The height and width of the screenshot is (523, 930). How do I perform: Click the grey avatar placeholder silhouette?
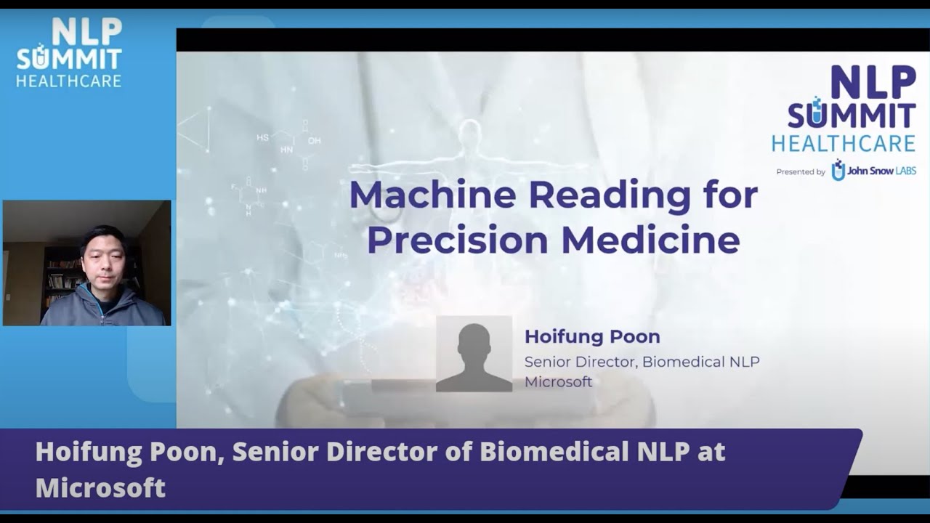click(x=474, y=354)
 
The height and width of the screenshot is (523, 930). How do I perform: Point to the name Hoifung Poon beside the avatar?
click(x=592, y=337)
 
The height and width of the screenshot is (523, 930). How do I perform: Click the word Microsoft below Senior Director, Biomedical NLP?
click(x=558, y=382)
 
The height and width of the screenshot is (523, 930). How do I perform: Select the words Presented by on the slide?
click(x=800, y=172)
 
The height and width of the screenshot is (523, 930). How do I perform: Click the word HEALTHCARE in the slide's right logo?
click(x=843, y=143)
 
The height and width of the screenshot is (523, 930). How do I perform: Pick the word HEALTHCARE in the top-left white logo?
click(x=68, y=81)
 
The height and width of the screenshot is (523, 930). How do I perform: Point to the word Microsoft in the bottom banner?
click(x=100, y=487)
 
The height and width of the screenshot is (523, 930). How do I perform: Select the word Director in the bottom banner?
click(x=395, y=452)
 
